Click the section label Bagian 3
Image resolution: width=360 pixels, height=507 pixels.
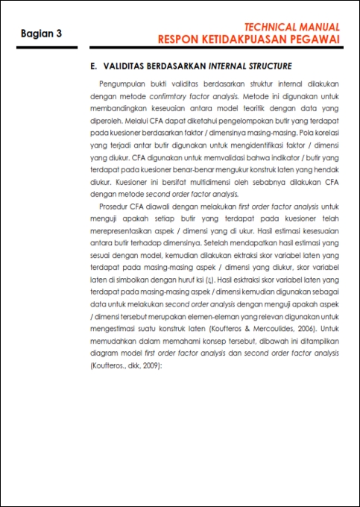pos(42,34)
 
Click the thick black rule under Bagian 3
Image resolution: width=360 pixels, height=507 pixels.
pos(47,48)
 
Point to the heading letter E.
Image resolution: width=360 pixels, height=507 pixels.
pos(93,66)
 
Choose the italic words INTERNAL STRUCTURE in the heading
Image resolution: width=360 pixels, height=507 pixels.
pos(250,66)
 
